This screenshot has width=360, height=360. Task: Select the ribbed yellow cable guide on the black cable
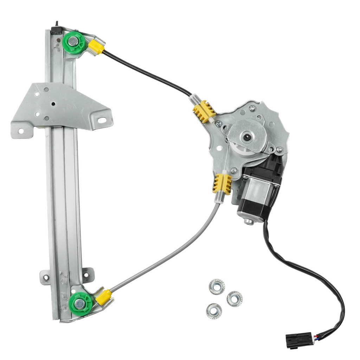click(204, 111)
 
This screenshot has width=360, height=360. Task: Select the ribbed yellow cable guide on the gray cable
click(221, 184)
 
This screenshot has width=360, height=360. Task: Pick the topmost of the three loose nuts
click(217, 287)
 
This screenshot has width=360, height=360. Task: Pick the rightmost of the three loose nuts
click(234, 299)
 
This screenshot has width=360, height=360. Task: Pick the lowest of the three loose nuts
click(214, 311)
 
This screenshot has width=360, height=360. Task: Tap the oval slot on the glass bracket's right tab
click(102, 120)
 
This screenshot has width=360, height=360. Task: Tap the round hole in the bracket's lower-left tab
click(20, 131)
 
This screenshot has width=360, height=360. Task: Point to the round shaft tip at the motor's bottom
click(249, 221)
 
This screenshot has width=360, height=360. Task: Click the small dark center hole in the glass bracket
click(52, 104)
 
